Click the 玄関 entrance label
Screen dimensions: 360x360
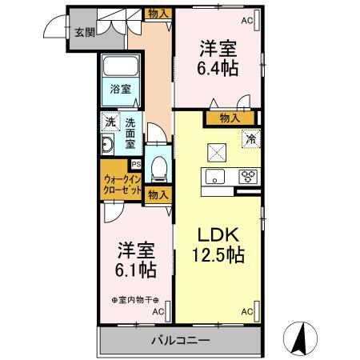[85, 32]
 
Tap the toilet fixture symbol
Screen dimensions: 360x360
[158, 169]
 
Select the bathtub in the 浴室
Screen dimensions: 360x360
[121, 66]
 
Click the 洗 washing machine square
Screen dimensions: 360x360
[110, 122]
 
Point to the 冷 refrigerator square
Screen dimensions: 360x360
[251, 138]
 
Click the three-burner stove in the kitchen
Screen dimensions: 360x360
[248, 177]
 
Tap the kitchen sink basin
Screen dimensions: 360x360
[214, 177]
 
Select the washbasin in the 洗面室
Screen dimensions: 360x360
[108, 145]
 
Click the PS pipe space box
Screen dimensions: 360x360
[136, 164]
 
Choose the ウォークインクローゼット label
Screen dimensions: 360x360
[122, 185]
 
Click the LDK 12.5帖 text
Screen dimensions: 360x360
[218, 245]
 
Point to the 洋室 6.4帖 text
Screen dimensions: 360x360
[218, 58]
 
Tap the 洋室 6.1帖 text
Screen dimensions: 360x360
[136, 260]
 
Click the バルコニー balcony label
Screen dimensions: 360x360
[181, 341]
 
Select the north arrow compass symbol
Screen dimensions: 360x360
[300, 338]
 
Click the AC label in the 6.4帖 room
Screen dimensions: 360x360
[246, 21]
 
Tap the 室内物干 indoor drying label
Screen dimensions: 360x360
[135, 300]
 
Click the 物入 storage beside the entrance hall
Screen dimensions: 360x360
[158, 14]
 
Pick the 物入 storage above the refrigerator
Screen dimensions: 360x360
[230, 118]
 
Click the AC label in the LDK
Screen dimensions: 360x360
[246, 311]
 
